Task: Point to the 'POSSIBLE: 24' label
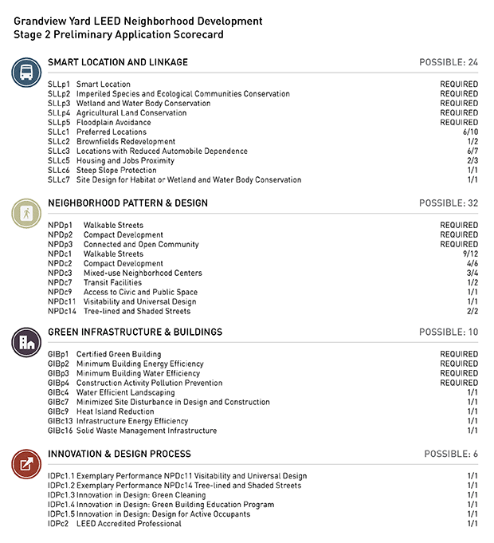449,62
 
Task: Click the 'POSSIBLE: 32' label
449,203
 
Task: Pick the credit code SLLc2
59,142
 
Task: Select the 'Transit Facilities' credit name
116,283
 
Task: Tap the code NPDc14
62,312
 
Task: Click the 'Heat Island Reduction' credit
116,412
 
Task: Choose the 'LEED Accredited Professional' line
128,524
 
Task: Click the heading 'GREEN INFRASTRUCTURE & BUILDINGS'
135,332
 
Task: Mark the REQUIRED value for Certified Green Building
459,355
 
